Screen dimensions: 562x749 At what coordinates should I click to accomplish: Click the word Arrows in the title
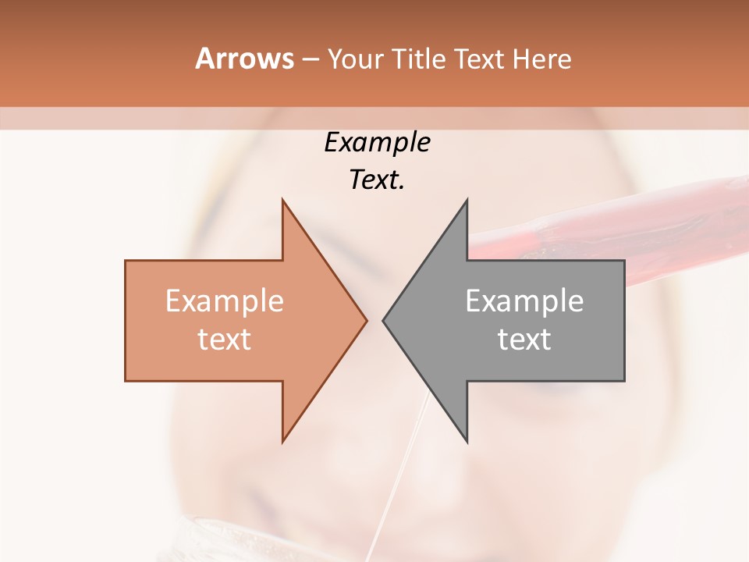[x=245, y=59]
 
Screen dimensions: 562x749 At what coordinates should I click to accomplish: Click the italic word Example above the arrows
[x=377, y=143]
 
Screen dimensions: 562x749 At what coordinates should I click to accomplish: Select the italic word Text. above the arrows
[x=377, y=180]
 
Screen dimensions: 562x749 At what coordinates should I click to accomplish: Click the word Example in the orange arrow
[x=225, y=301]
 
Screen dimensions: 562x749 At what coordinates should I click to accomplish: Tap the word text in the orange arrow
[x=225, y=340]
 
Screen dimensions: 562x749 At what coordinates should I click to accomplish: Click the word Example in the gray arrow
[x=524, y=301]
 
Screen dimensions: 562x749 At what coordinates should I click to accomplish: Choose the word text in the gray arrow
[x=524, y=340]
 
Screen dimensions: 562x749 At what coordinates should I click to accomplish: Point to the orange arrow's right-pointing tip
[x=365, y=320]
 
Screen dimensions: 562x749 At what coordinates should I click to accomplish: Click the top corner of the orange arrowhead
[x=283, y=201]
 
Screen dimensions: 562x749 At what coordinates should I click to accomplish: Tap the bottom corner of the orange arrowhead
[x=283, y=440]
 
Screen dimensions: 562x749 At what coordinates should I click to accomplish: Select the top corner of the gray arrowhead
[x=467, y=201]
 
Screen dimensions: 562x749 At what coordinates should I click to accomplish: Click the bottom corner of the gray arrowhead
[x=467, y=440]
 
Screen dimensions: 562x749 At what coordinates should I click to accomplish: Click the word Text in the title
[x=478, y=59]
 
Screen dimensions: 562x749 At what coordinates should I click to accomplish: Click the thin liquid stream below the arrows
[x=406, y=468]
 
